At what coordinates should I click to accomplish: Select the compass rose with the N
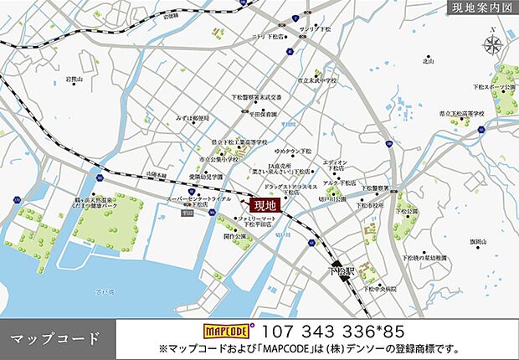click(493, 44)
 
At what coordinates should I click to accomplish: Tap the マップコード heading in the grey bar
click(55, 338)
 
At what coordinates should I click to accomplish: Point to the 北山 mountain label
click(430, 60)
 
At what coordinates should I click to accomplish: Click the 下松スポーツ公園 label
click(491, 85)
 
